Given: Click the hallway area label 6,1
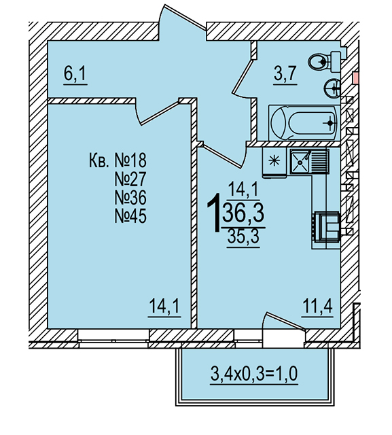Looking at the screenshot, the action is [x=75, y=74].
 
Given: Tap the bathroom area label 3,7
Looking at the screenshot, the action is [x=285, y=73].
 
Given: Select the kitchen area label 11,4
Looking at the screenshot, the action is [x=317, y=305].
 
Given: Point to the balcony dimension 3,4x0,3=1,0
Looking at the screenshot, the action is [x=254, y=373].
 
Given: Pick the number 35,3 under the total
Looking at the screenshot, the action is [x=243, y=237].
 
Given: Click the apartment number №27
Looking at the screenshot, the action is [x=130, y=179].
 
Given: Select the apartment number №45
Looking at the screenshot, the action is [x=130, y=216].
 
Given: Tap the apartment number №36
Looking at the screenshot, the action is [x=130, y=198].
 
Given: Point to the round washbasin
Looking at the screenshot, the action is [x=332, y=88].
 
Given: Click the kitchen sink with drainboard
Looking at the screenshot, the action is [x=310, y=162].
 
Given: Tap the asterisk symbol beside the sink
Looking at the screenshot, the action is [x=274, y=161].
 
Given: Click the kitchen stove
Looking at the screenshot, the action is [x=326, y=226].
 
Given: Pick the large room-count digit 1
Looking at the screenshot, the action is [x=214, y=213].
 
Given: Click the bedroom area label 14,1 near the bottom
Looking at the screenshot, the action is [x=164, y=306].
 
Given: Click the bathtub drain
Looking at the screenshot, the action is [x=330, y=122].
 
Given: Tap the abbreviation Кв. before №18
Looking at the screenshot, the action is [x=99, y=160].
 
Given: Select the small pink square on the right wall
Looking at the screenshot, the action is [x=355, y=77].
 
